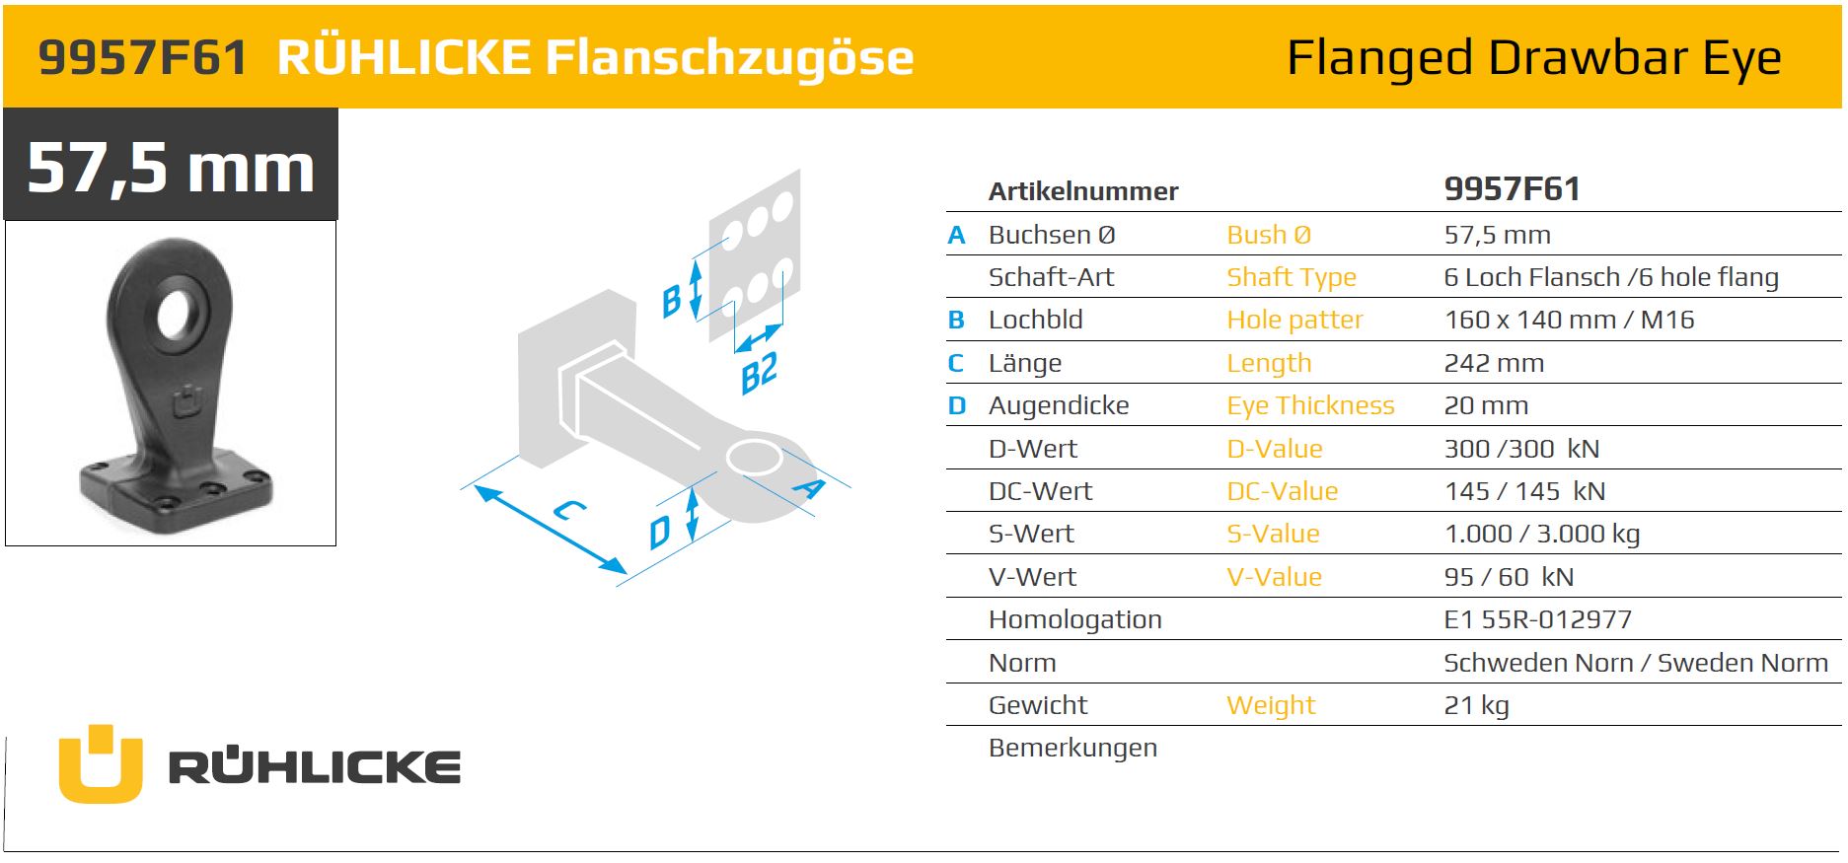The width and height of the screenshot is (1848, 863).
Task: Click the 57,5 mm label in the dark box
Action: (x=171, y=167)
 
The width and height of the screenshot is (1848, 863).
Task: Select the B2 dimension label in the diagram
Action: (x=759, y=373)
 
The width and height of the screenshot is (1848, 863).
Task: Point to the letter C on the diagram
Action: (x=569, y=510)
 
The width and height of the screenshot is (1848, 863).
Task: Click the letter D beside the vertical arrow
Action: (x=659, y=533)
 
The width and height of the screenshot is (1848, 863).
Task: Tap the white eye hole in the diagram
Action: (x=754, y=458)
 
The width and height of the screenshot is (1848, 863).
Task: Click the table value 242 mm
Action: (x=1494, y=363)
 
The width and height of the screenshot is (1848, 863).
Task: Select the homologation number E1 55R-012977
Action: (x=1537, y=619)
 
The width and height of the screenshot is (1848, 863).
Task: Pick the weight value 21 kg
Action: (x=1476, y=705)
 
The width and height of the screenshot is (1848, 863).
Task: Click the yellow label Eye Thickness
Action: (x=1310, y=405)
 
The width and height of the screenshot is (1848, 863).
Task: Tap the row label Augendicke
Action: (x=1059, y=405)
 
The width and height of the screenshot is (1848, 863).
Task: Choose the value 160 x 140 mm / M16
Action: (x=1569, y=320)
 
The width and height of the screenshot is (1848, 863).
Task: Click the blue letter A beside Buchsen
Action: (x=956, y=235)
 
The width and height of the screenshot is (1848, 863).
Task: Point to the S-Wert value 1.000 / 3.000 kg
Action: (x=1541, y=534)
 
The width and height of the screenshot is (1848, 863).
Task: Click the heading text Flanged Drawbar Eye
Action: (x=1534, y=57)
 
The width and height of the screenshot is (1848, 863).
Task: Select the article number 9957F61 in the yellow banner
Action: (x=143, y=57)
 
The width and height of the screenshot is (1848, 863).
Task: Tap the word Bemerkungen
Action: (x=1072, y=748)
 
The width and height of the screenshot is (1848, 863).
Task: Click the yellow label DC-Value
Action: (x=1282, y=491)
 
